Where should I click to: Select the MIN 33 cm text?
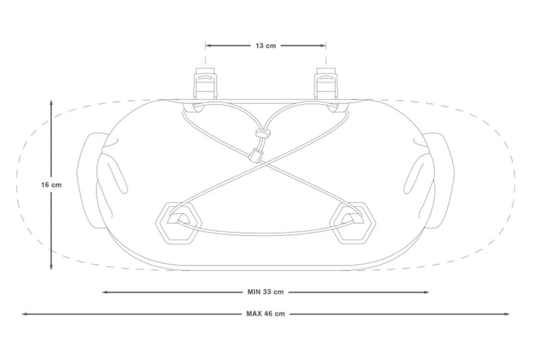[x=266, y=292]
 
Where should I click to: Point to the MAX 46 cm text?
[x=265, y=314]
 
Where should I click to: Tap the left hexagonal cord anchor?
[x=176, y=221]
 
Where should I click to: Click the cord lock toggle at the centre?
[x=257, y=155]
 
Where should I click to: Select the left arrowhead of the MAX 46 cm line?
[x=25, y=314]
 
